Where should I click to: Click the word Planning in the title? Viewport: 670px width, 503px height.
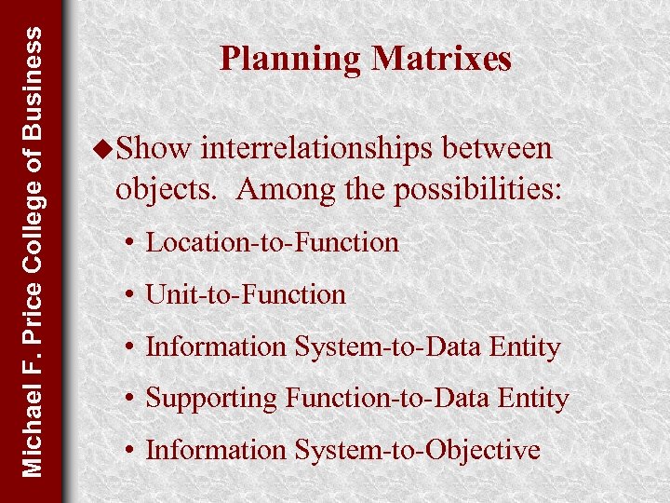tap(290, 59)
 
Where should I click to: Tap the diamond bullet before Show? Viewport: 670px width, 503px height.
tap(103, 148)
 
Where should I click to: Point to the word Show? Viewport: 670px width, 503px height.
tap(154, 148)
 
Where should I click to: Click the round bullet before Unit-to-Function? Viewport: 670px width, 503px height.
tap(134, 296)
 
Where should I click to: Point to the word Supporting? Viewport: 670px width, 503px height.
tap(212, 400)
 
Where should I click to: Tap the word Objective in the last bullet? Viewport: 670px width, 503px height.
tap(483, 451)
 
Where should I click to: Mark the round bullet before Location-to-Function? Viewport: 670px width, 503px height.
tap(134, 244)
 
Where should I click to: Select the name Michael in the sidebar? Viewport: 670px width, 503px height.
tap(33, 428)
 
